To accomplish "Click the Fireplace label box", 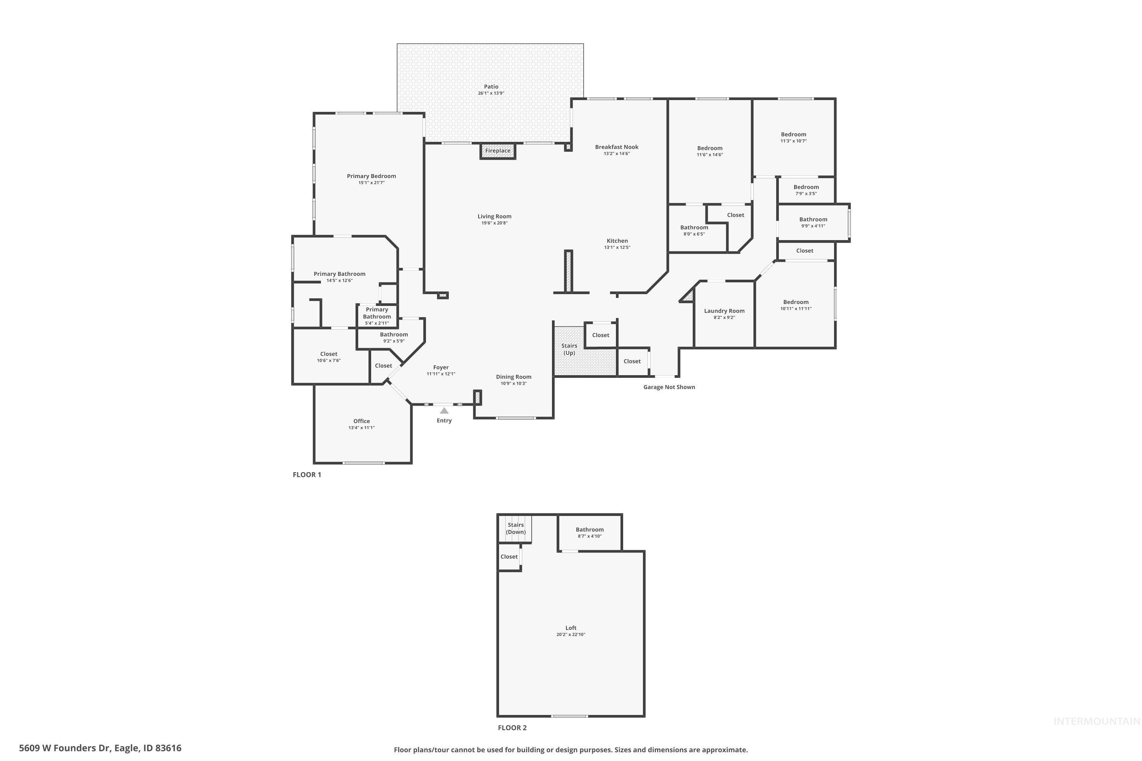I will [x=498, y=151].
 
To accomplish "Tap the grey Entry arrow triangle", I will [x=444, y=411].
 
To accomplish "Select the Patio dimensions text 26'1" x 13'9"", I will [x=491, y=93].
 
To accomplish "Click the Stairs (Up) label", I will [x=569, y=349].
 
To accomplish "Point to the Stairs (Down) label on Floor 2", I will [x=516, y=529].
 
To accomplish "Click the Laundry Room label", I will [x=724, y=311].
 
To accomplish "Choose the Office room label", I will [x=361, y=421].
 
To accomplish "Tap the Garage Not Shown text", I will [x=669, y=387].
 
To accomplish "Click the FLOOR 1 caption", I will [x=307, y=474].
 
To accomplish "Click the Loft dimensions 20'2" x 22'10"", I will [x=571, y=635].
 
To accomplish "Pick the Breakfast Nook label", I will [x=617, y=147].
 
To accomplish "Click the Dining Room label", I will [x=513, y=377].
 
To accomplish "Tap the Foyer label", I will [x=441, y=368].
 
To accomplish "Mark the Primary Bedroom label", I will [x=372, y=176].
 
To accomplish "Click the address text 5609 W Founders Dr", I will [x=100, y=748].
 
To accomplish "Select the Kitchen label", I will [x=617, y=241].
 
